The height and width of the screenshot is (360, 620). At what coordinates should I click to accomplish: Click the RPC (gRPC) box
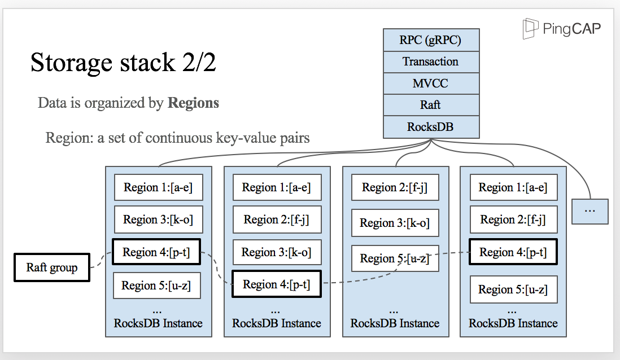(x=431, y=40)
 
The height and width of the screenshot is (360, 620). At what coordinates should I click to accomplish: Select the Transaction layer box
(x=431, y=62)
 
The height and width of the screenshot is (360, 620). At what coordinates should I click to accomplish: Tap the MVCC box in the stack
(x=431, y=84)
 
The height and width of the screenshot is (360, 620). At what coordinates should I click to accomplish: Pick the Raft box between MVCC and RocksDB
(x=431, y=105)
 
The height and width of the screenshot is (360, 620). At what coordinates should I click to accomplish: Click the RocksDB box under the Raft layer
(x=431, y=127)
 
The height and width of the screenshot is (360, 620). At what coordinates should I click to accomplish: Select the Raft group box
(x=52, y=267)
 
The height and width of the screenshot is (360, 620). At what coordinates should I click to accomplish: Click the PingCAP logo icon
(x=530, y=28)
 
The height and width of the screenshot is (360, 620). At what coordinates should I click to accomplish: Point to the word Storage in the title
(x=72, y=63)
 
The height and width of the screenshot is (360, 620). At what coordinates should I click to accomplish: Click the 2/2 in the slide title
(x=199, y=62)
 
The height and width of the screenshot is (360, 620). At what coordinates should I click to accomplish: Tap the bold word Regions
(x=193, y=103)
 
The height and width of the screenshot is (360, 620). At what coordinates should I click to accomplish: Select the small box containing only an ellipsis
(x=590, y=212)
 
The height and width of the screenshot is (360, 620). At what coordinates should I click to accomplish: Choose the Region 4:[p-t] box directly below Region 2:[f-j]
(x=513, y=252)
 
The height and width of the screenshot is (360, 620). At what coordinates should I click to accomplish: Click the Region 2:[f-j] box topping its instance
(x=395, y=187)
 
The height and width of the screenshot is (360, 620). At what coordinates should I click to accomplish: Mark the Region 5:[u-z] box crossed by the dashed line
(x=395, y=258)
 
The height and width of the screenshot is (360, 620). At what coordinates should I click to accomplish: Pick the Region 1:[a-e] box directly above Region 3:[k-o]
(x=159, y=187)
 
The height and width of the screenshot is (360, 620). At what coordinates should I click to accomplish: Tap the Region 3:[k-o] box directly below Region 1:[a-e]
(x=159, y=219)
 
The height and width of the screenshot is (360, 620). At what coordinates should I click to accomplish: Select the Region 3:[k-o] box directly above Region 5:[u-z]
(x=395, y=223)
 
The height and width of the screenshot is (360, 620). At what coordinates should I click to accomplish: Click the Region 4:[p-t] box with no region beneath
(x=276, y=284)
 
